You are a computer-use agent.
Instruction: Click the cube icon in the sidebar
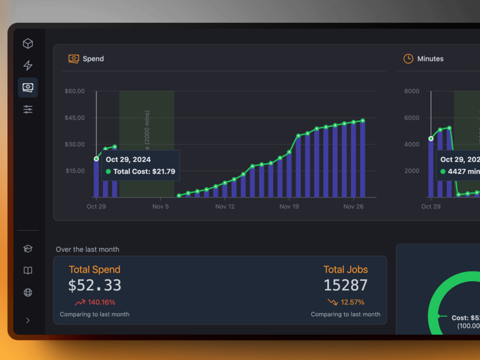click(28, 44)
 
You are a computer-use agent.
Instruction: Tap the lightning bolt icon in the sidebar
click(28, 65)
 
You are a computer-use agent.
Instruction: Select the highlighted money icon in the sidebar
click(28, 87)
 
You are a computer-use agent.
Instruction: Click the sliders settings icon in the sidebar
click(28, 109)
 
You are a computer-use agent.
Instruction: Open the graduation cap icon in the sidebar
click(28, 249)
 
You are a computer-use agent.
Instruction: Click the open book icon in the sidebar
click(28, 271)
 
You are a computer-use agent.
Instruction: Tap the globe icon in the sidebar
click(28, 292)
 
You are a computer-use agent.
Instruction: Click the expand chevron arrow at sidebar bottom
click(28, 320)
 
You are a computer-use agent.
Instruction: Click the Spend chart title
click(93, 59)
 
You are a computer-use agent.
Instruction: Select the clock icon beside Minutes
click(408, 59)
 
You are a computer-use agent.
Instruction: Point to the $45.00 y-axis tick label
click(75, 118)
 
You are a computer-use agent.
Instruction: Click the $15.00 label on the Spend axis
click(75, 171)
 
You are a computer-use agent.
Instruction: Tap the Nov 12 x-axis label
click(225, 206)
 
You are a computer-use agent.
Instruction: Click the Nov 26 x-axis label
click(353, 206)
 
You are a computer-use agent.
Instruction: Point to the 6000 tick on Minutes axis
click(412, 118)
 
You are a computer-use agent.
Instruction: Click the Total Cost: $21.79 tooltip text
click(144, 172)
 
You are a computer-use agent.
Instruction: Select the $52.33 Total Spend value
click(94, 285)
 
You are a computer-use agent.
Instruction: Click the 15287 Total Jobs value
click(345, 285)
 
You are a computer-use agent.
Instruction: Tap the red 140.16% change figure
click(102, 302)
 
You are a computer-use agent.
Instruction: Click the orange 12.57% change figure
click(352, 302)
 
